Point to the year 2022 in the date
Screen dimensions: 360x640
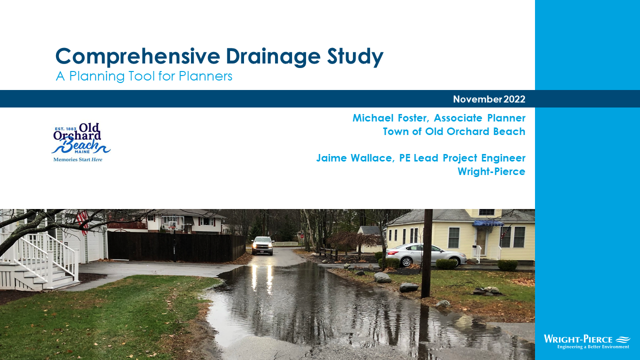(514, 99)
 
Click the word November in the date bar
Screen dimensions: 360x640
(477, 99)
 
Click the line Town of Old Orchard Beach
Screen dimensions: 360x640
(454, 131)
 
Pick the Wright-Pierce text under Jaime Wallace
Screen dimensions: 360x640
(491, 171)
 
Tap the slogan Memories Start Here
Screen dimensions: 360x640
(78, 159)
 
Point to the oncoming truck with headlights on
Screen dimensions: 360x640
(263, 245)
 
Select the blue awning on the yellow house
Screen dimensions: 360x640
(488, 223)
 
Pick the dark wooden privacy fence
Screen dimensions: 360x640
(175, 246)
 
